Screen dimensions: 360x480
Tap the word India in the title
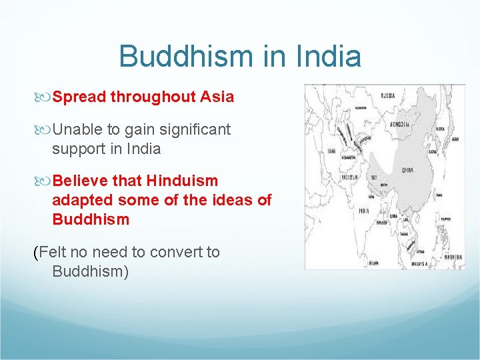coord(325,56)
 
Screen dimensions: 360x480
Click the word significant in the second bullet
coord(196,129)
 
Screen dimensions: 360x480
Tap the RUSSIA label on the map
coord(387,95)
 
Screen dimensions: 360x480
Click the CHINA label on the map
coord(408,170)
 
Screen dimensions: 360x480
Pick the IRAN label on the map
coord(331,151)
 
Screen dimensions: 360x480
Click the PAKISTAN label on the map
coord(349,177)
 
